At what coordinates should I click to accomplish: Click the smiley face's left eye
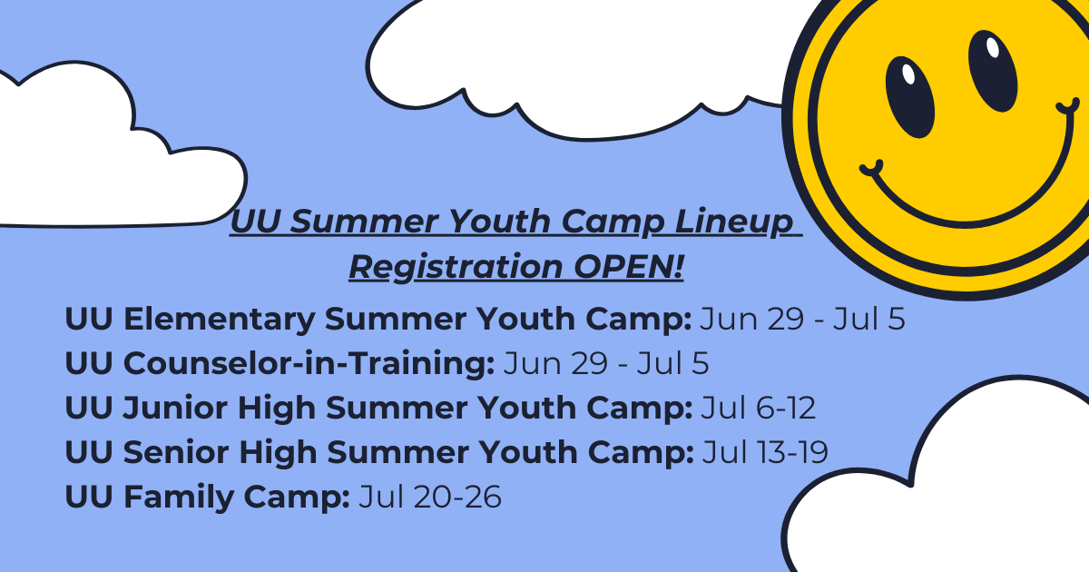pyautogui.click(x=909, y=97)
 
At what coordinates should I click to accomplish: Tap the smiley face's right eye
pyautogui.click(x=993, y=71)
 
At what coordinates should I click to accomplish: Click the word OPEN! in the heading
pyautogui.click(x=629, y=267)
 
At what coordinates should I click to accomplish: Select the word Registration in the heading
pyautogui.click(x=456, y=268)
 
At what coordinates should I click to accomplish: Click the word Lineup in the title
pyautogui.click(x=733, y=222)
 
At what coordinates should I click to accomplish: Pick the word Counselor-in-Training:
pyautogui.click(x=280, y=363)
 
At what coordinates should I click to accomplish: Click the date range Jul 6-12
pyautogui.click(x=758, y=408)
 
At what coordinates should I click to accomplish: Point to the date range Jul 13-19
pyautogui.click(x=765, y=452)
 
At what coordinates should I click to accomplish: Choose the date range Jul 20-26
pyautogui.click(x=430, y=497)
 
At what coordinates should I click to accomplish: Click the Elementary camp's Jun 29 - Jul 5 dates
pyautogui.click(x=802, y=319)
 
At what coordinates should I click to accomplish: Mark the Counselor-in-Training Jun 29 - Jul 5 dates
pyautogui.click(x=606, y=363)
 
